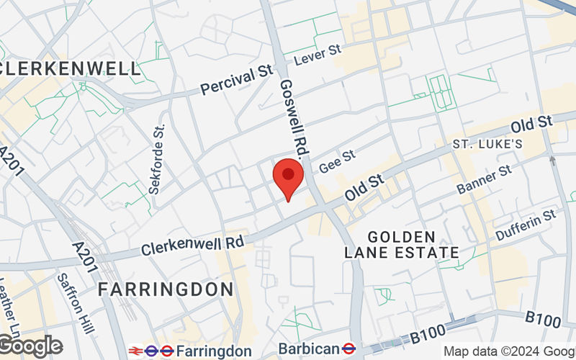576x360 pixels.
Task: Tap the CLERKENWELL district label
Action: (x=71, y=69)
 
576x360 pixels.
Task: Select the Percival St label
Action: (x=238, y=81)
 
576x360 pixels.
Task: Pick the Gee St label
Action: (x=338, y=160)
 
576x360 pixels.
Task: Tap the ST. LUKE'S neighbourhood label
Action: (x=487, y=145)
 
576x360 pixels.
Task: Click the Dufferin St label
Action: (x=526, y=223)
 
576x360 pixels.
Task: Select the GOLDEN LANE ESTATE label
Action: (x=402, y=245)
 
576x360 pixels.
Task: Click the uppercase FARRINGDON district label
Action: (x=166, y=289)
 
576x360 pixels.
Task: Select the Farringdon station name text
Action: (x=214, y=351)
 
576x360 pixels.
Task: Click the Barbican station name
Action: (x=308, y=348)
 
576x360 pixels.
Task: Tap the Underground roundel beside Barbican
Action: (x=348, y=348)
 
